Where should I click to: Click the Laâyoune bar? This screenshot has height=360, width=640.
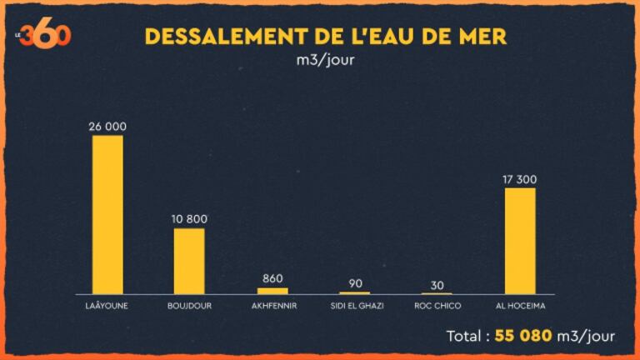(107, 214)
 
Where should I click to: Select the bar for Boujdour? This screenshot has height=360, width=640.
(189, 261)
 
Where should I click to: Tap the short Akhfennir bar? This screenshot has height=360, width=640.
(272, 291)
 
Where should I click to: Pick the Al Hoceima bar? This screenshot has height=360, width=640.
(520, 241)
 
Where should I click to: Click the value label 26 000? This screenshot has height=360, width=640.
(107, 126)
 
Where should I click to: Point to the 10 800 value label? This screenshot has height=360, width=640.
(189, 219)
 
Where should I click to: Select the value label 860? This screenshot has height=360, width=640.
(272, 279)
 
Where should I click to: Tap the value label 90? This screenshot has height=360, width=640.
(356, 283)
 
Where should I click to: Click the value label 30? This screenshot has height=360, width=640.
(437, 285)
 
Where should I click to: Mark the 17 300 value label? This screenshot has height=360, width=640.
(520, 178)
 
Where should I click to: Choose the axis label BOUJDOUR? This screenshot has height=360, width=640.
(189, 306)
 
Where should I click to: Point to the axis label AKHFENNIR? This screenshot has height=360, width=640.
(273, 306)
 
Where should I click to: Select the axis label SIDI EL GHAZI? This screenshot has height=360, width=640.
(356, 306)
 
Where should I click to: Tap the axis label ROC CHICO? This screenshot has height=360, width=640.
(437, 306)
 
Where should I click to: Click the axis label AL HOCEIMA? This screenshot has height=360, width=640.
(520, 306)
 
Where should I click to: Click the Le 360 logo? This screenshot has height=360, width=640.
(47, 35)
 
